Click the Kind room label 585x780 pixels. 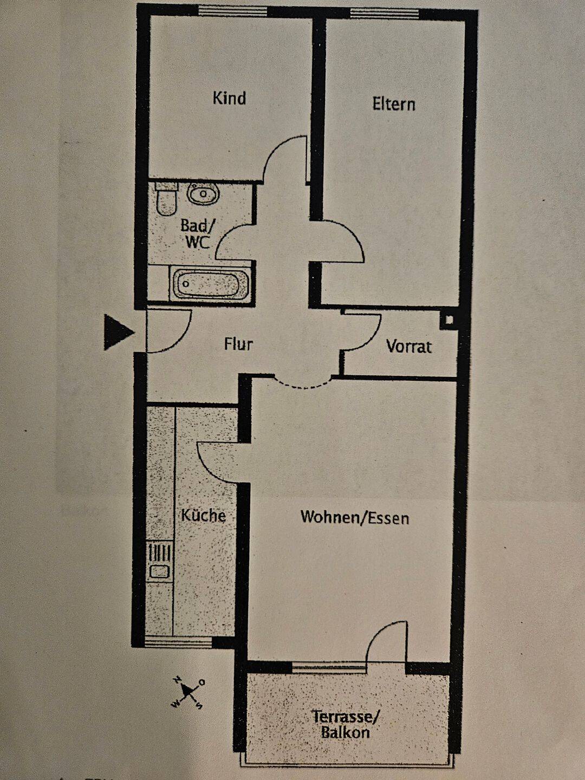click(x=229, y=99)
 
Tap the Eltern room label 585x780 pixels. click(x=394, y=104)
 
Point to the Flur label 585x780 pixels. click(x=238, y=344)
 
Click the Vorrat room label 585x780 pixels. click(x=409, y=347)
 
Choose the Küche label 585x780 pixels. click(x=203, y=515)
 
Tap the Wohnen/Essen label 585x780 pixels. click(x=355, y=518)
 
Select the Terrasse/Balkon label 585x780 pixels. click(x=345, y=725)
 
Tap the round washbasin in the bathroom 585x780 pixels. click(x=203, y=193)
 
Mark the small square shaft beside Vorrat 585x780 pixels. click(x=449, y=320)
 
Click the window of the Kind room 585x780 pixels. click(x=232, y=11)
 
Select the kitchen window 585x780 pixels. click(x=178, y=642)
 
